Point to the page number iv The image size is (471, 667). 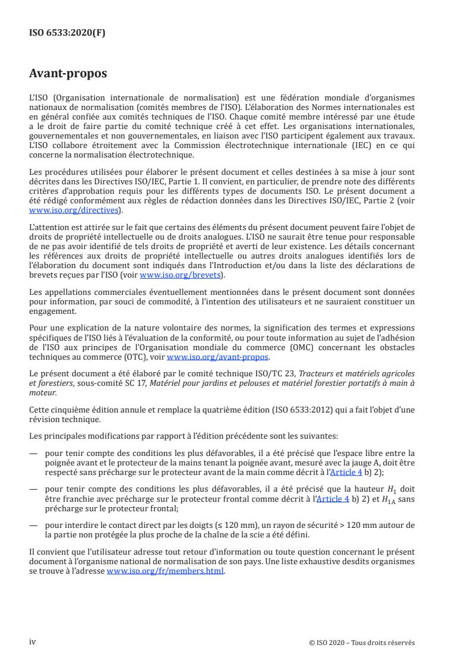33,642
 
